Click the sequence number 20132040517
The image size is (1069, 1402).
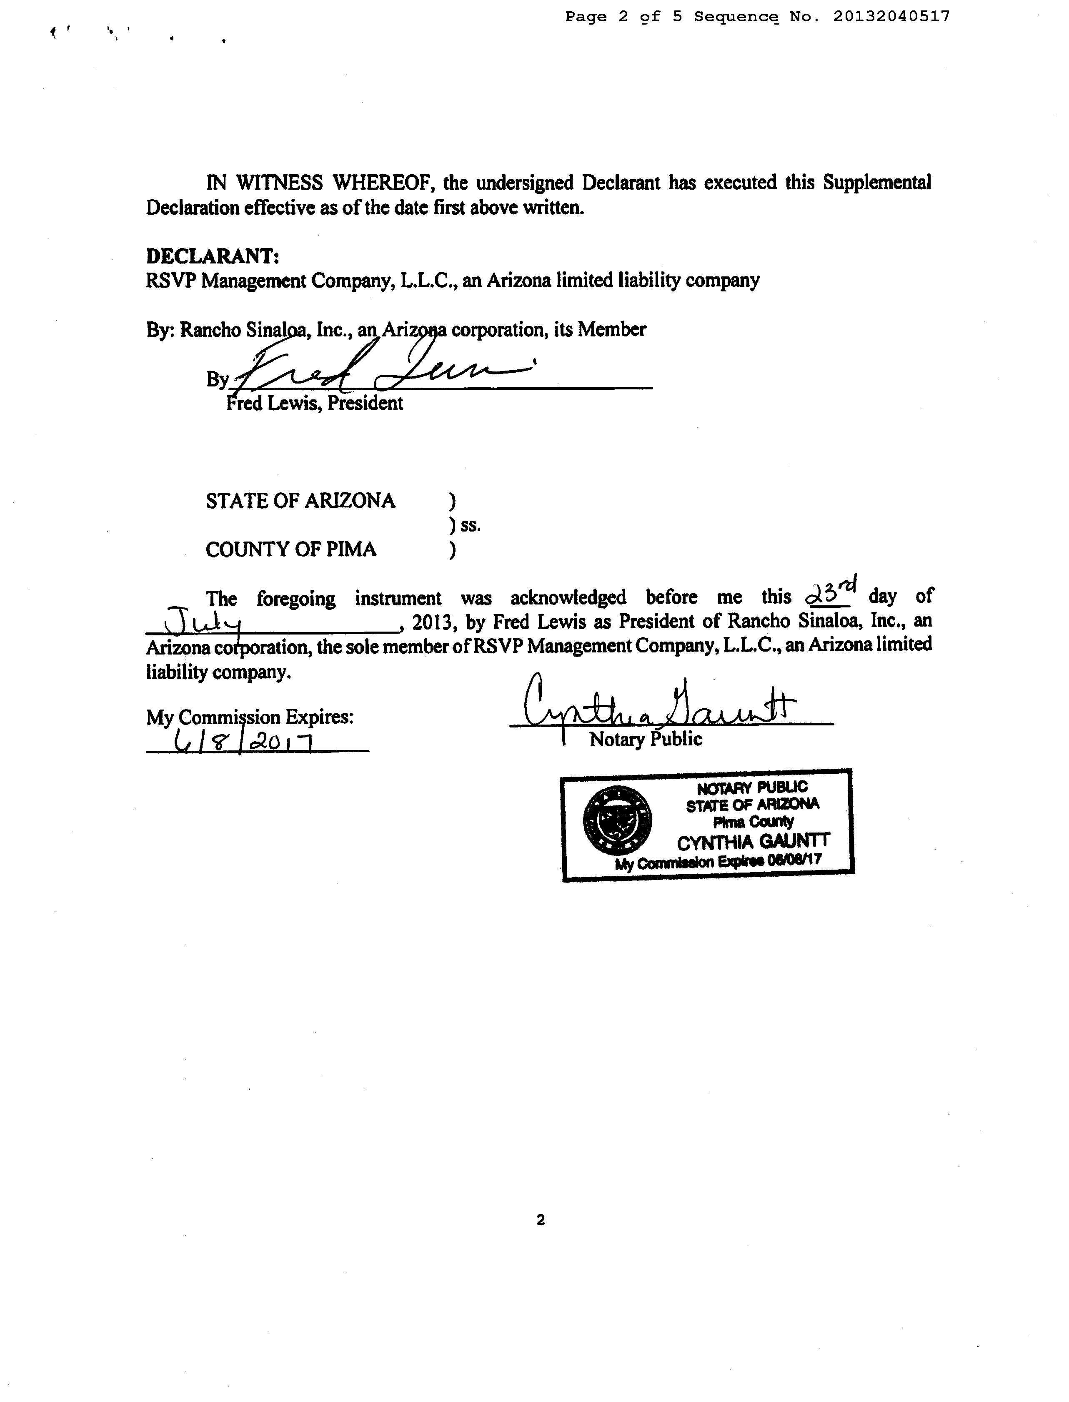click(891, 17)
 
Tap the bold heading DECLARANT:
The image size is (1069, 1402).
click(213, 256)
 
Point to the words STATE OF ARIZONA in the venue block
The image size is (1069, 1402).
click(300, 501)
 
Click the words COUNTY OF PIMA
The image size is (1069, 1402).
click(291, 549)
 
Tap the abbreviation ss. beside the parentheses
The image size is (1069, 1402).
click(471, 526)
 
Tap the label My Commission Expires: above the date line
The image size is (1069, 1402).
click(249, 717)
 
